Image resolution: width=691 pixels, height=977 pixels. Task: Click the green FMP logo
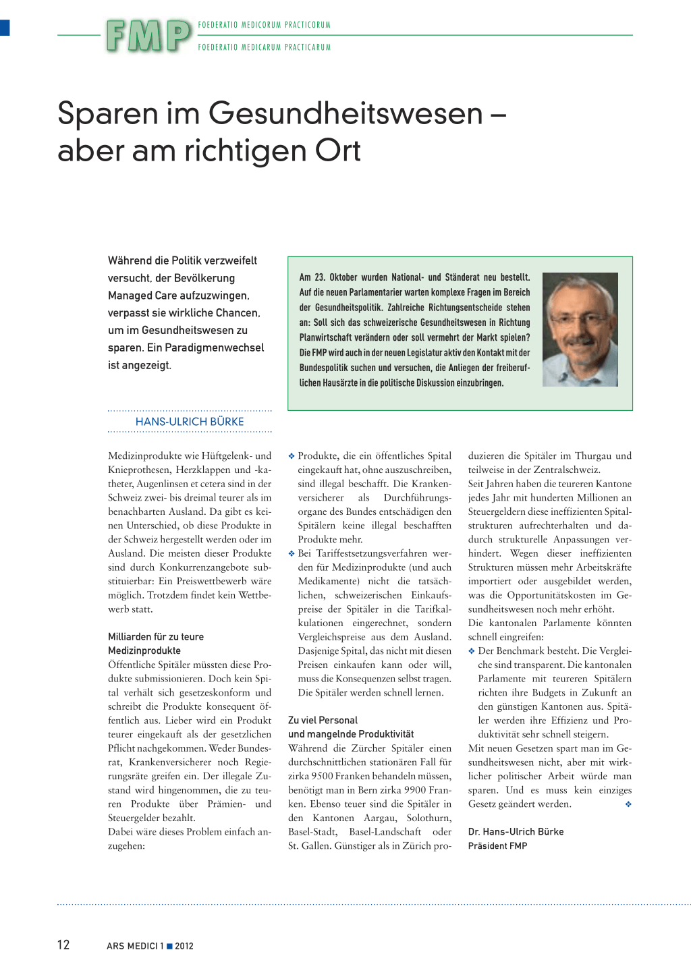[148, 36]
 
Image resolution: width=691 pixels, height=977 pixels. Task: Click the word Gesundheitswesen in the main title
[345, 113]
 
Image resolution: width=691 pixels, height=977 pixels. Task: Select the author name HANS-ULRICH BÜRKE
[190, 422]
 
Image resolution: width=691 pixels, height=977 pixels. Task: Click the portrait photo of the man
[580, 329]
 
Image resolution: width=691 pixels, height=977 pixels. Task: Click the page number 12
[63, 945]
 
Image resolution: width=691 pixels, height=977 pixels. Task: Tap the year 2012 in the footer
[184, 946]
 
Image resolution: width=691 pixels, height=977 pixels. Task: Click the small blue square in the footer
[169, 945]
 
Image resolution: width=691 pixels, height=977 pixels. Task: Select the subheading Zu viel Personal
[323, 720]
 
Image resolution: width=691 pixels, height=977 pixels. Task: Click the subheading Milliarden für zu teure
[156, 636]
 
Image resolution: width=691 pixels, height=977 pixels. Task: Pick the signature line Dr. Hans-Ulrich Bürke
[516, 831]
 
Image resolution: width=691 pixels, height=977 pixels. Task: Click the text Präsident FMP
[497, 845]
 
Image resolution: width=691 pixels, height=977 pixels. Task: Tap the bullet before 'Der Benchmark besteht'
[472, 651]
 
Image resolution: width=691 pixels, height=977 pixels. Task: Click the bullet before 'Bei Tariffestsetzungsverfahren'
[292, 553]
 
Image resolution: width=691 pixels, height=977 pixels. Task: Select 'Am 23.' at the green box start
[312, 277]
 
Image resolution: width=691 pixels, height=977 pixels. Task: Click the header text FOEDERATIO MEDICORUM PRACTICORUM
[265, 25]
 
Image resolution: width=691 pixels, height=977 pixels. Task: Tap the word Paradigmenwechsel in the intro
[215, 347]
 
